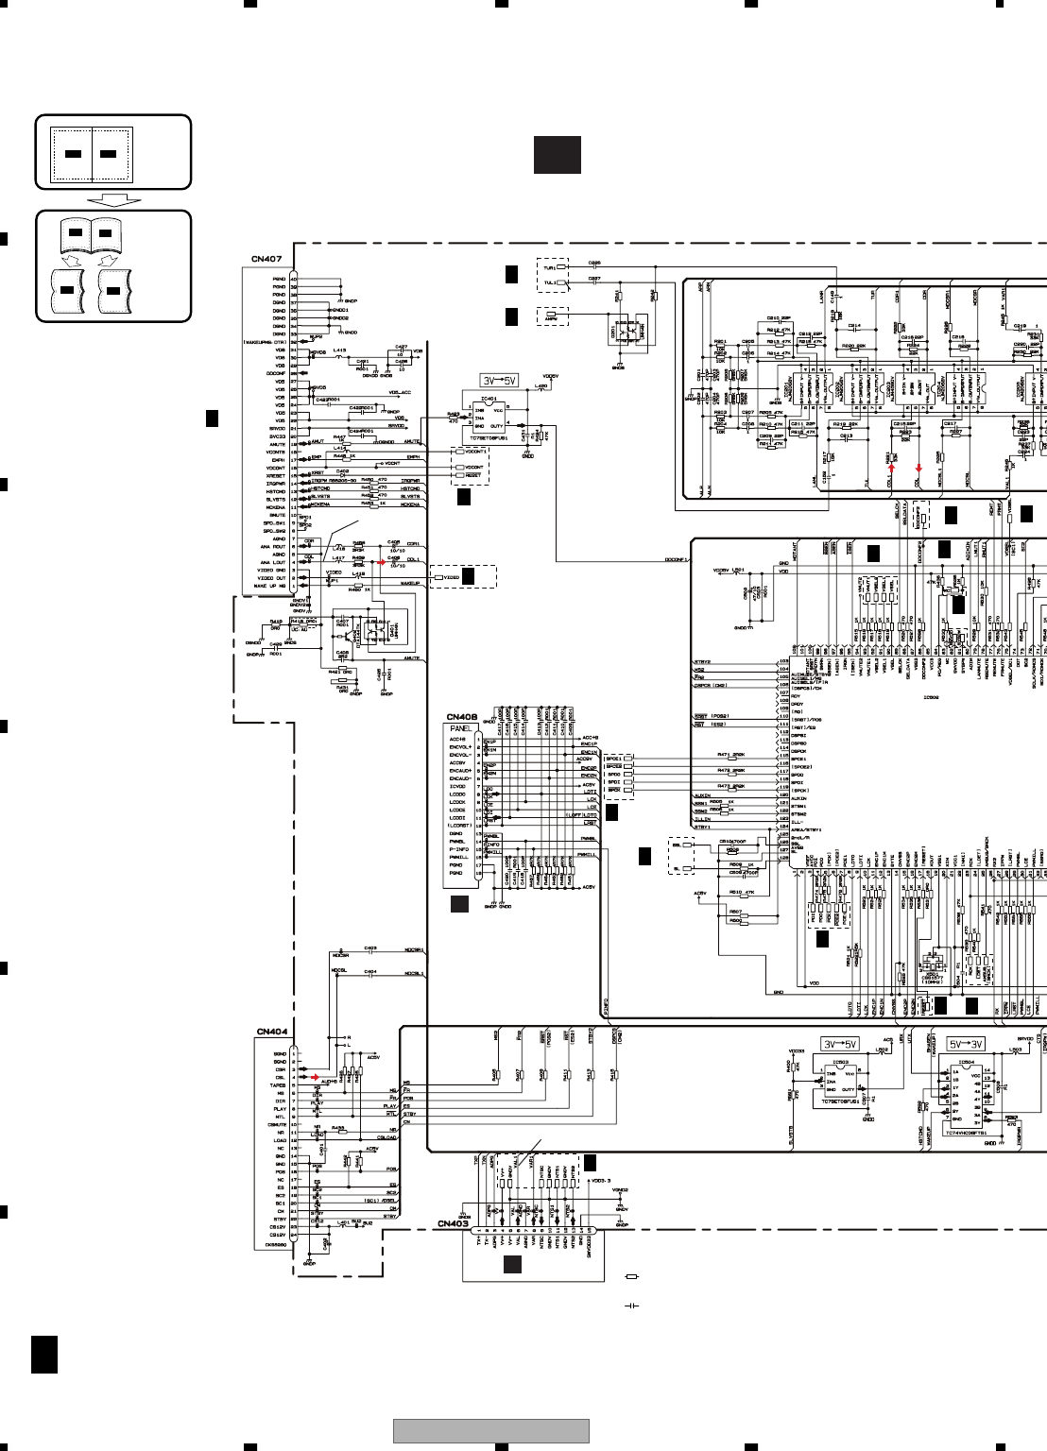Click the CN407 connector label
266,259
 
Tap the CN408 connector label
462,717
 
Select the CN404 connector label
272,1032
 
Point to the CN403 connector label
453,1223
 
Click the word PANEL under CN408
461,729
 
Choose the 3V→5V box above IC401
499,380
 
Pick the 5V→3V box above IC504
966,1044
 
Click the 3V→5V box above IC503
840,1044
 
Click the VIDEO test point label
452,577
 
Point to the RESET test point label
473,475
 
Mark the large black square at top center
558,155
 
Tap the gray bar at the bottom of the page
491,1430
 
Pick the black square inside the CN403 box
512,1265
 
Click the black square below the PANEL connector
459,904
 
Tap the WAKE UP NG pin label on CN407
270,586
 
